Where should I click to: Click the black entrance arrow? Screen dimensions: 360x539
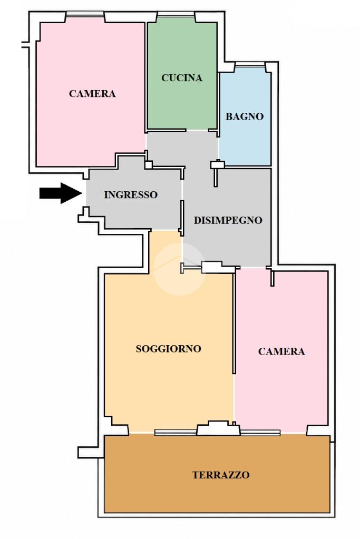click(61, 193)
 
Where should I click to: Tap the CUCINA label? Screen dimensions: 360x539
click(182, 78)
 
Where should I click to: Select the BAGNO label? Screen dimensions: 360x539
click(245, 116)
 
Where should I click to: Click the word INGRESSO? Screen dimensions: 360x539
click(131, 195)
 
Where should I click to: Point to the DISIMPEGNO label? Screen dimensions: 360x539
click(228, 220)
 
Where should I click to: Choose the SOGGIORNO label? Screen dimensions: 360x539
click(169, 349)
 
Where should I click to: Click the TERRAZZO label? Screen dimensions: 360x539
click(221, 475)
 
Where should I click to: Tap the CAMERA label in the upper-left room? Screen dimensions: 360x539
click(92, 93)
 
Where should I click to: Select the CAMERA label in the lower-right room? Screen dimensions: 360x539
click(281, 351)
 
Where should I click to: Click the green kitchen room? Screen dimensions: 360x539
click(182, 103)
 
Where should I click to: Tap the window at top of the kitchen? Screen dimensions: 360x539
click(176, 14)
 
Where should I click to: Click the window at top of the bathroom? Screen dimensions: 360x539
click(250, 65)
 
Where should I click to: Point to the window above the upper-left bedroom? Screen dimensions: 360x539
click(84, 14)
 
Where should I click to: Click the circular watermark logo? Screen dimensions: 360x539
click(179, 269)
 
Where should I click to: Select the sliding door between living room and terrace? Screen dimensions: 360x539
click(176, 433)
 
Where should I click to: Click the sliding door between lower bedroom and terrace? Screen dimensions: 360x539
click(260, 433)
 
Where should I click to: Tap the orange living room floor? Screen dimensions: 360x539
click(169, 378)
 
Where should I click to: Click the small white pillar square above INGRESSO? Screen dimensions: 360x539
click(149, 165)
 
